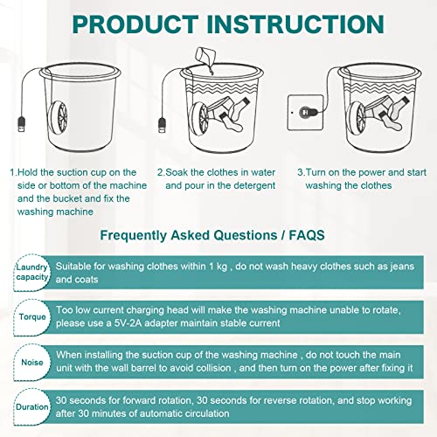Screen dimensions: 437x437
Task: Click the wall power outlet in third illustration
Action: click(x=300, y=113)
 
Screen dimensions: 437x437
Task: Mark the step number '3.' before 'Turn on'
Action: click(x=301, y=173)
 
